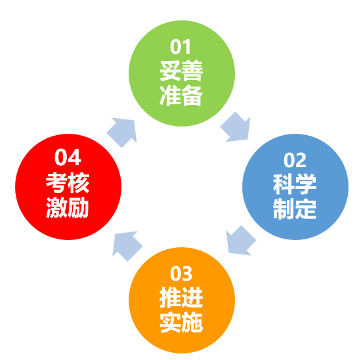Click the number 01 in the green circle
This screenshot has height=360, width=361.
[x=180, y=47]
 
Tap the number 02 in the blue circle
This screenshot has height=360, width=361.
[x=295, y=160]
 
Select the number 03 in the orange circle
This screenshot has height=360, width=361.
[x=181, y=273]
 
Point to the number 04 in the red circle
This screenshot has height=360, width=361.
[x=68, y=157]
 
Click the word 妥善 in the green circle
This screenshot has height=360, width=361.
[x=181, y=71]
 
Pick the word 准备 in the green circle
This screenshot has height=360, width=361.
[x=181, y=95]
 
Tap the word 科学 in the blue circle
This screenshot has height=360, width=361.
[x=295, y=184]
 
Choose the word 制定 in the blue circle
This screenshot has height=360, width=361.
[x=295, y=209]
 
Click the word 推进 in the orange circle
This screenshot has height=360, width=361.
[x=181, y=298]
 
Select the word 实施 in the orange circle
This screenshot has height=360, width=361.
[x=181, y=322]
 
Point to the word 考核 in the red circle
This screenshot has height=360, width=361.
[x=68, y=183]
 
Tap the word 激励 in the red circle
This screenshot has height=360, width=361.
[x=68, y=207]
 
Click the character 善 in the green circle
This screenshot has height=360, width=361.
[x=192, y=71]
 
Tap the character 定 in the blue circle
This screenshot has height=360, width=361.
[x=306, y=209]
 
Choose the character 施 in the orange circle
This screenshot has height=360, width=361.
[x=192, y=322]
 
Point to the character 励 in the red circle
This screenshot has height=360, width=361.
[x=79, y=207]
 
